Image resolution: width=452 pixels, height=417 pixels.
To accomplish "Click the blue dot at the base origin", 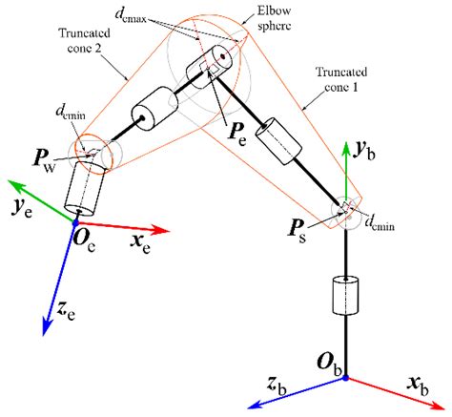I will [346, 378].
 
